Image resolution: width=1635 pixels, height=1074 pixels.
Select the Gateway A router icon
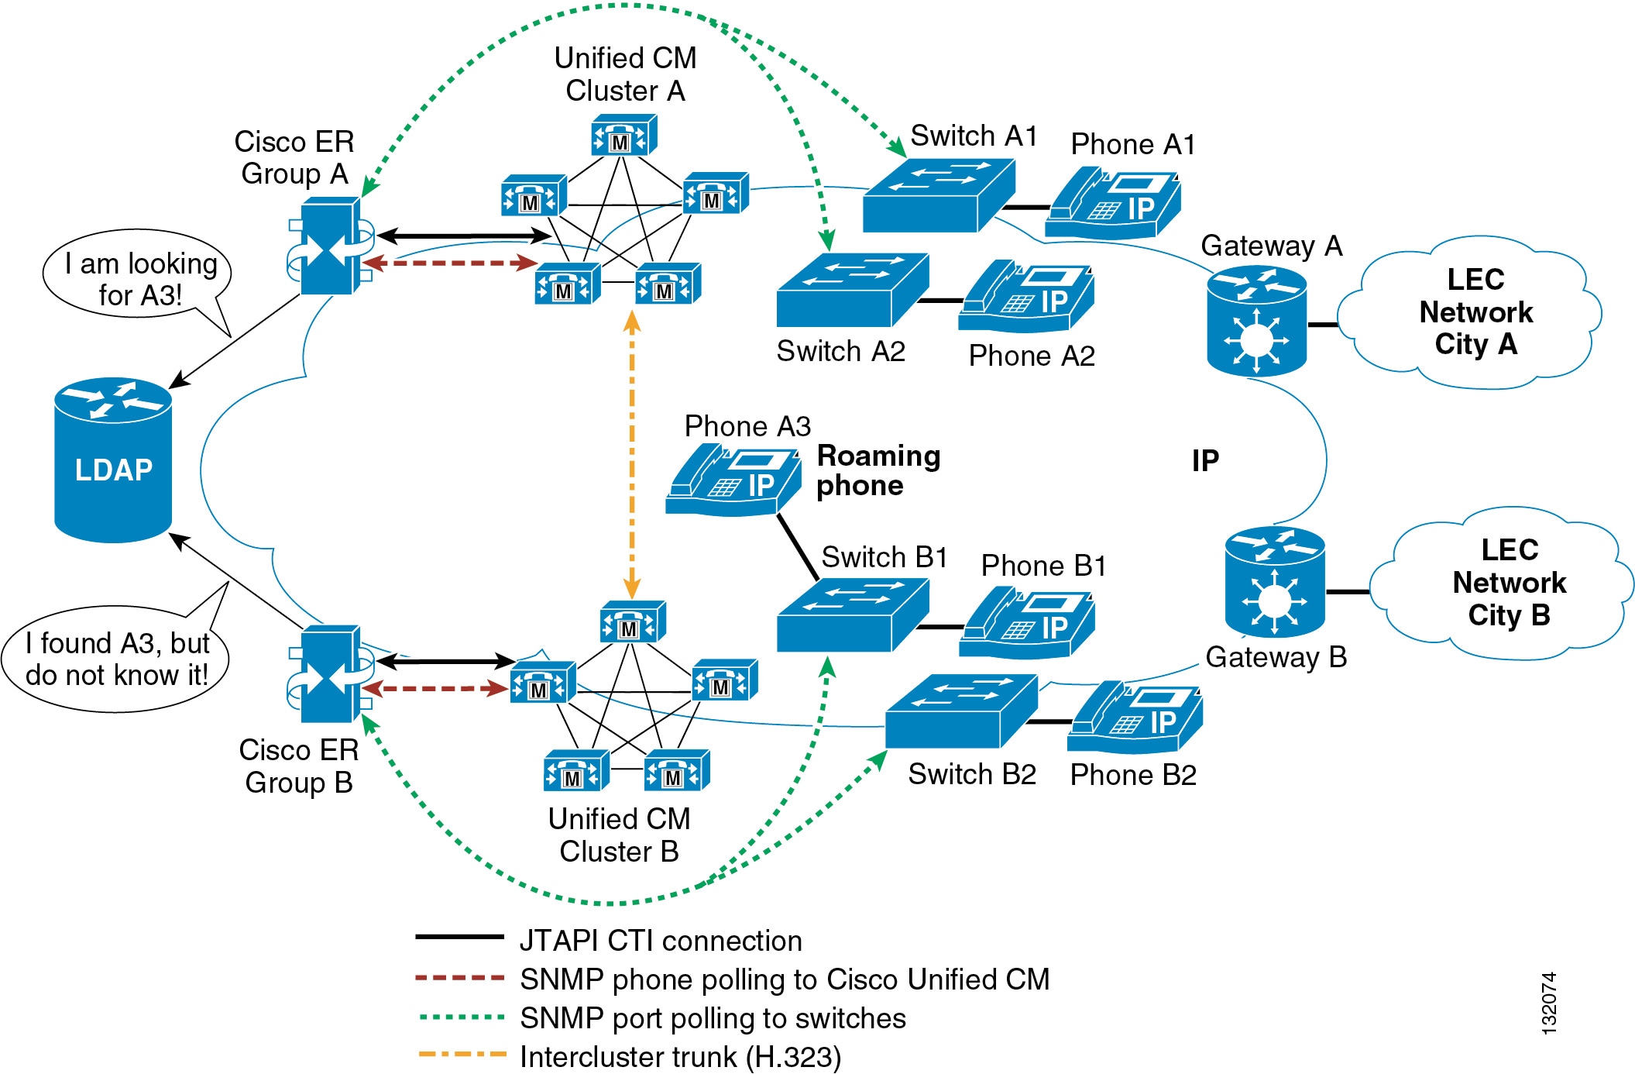coord(1256,321)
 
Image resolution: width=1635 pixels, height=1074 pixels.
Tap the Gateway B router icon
coord(1275,582)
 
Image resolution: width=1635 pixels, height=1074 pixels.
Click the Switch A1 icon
coord(939,195)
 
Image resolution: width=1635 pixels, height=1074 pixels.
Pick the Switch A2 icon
coord(853,290)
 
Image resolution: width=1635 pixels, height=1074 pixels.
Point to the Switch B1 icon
coord(853,615)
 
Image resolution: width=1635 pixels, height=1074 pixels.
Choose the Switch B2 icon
coord(961,711)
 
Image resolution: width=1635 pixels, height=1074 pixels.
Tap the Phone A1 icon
coord(1113,203)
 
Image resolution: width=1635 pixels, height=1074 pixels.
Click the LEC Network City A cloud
coord(1469,312)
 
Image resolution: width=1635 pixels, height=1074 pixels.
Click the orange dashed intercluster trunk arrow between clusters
coord(632,455)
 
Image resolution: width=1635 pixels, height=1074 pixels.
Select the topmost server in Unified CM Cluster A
coord(623,136)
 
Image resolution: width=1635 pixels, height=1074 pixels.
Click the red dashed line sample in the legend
coord(460,978)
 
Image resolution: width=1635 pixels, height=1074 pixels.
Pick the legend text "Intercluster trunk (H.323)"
coord(680,1057)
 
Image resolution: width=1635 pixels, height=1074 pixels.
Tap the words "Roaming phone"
coord(878,470)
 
